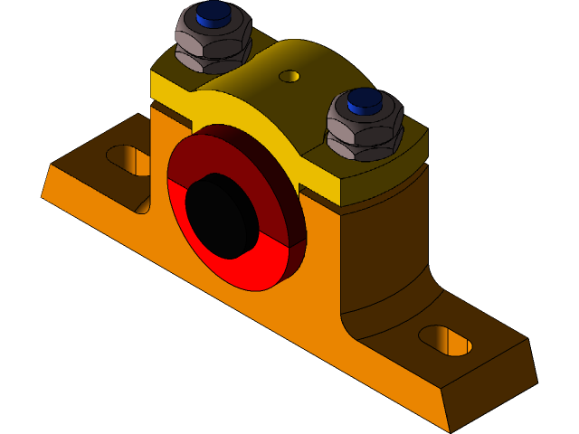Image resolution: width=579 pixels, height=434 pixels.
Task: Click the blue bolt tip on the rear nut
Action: (214, 13)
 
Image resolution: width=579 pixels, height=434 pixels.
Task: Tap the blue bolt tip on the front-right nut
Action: (365, 100)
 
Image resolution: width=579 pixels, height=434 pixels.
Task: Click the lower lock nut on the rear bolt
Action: (214, 60)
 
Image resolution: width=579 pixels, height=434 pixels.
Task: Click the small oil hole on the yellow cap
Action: (289, 76)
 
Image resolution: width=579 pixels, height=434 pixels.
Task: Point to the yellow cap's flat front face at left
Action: (172, 90)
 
